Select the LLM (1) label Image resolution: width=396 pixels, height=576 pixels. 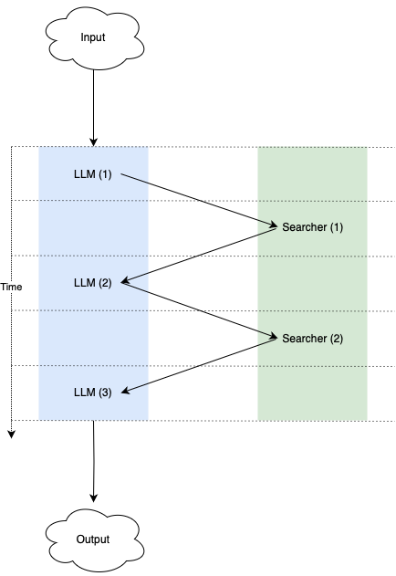[92, 174]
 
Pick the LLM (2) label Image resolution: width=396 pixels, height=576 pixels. [92, 283]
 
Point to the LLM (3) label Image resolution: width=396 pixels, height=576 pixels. [92, 393]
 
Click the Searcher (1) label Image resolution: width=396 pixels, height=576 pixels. [313, 227]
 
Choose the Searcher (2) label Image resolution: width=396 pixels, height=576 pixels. [313, 339]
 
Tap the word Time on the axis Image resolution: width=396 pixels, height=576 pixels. [11, 287]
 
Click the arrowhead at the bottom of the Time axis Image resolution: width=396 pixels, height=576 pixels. [12, 435]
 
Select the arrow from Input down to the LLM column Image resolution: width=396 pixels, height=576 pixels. [93, 108]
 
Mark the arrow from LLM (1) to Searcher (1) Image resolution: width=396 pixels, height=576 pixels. [199, 200]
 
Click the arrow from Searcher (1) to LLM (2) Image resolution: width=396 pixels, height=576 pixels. [199, 256]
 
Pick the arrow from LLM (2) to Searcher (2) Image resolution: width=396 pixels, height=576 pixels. [199, 309]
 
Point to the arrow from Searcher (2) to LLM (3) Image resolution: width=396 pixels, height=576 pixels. [199, 365]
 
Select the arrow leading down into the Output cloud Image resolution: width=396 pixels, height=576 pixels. [94, 461]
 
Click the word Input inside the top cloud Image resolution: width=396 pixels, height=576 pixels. [93, 37]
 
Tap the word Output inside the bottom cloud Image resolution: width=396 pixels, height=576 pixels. [93, 539]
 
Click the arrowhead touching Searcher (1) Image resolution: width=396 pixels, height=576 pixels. [274, 225]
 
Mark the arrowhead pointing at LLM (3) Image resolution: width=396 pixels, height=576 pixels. [125, 391]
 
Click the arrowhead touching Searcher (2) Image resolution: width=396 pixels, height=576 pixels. [274, 336]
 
